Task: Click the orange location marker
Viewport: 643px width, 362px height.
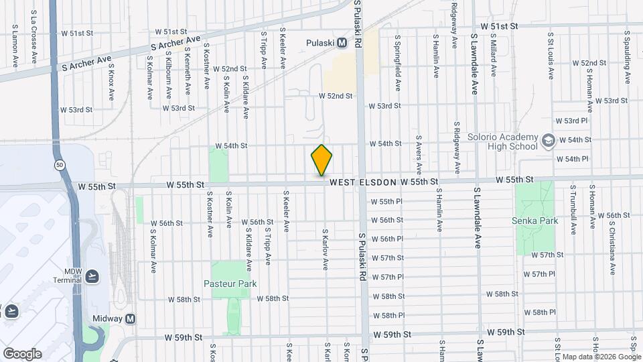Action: click(322, 160)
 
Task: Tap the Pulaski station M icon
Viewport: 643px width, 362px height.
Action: click(342, 43)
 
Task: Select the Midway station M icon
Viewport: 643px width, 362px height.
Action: click(131, 319)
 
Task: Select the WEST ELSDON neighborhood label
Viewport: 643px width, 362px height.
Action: click(363, 182)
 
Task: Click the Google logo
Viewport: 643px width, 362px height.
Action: click(22, 354)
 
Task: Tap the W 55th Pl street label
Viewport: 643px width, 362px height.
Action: click(386, 201)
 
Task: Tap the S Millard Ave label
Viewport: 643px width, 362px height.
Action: click(494, 56)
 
